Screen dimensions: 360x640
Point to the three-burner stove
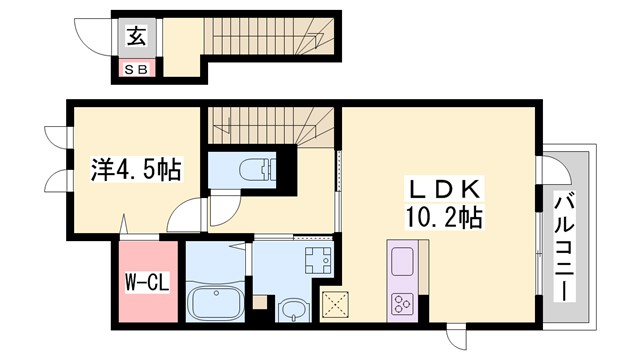(x=403, y=303)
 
